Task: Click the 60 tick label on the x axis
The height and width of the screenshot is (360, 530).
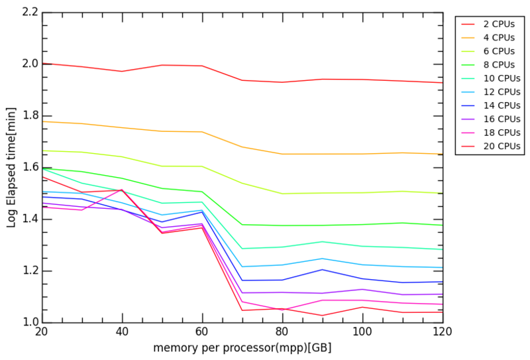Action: click(202, 332)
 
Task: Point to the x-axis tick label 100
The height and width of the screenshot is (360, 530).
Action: click(362, 332)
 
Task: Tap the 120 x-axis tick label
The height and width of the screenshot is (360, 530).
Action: click(443, 332)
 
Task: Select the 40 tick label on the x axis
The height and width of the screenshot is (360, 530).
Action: click(122, 332)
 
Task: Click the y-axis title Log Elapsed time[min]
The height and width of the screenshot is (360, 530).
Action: click(11, 168)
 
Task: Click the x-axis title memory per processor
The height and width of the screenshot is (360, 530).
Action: click(242, 347)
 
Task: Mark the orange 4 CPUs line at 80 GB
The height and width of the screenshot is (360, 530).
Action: click(282, 154)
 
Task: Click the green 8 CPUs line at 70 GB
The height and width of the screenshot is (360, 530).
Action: click(242, 225)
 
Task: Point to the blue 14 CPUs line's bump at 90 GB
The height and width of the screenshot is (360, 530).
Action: click(322, 269)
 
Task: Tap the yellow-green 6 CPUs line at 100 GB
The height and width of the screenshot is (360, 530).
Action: click(362, 192)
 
